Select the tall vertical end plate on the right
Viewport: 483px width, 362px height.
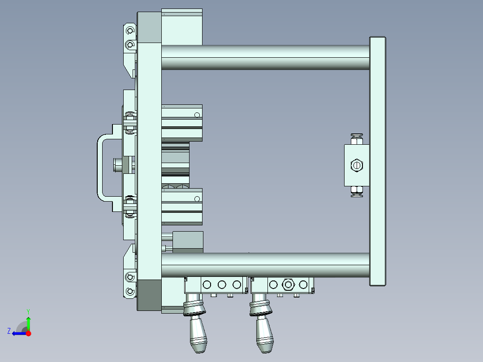(x=377, y=161)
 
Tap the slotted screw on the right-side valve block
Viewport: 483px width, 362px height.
(x=356, y=165)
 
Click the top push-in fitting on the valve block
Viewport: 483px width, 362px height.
(x=357, y=139)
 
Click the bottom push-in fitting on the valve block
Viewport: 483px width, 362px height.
(x=357, y=191)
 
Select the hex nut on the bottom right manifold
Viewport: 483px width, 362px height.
(x=287, y=284)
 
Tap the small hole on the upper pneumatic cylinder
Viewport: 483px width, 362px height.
(x=197, y=115)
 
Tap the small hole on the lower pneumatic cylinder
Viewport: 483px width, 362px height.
(x=197, y=199)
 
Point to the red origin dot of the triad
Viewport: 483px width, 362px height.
(x=28, y=333)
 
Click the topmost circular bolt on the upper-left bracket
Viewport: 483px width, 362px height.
(x=130, y=30)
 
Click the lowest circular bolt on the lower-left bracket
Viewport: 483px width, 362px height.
(x=130, y=292)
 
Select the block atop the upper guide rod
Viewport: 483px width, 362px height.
(x=181, y=27)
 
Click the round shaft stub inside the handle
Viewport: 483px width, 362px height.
(x=117, y=165)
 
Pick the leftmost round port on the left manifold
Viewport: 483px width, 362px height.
(x=207, y=284)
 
